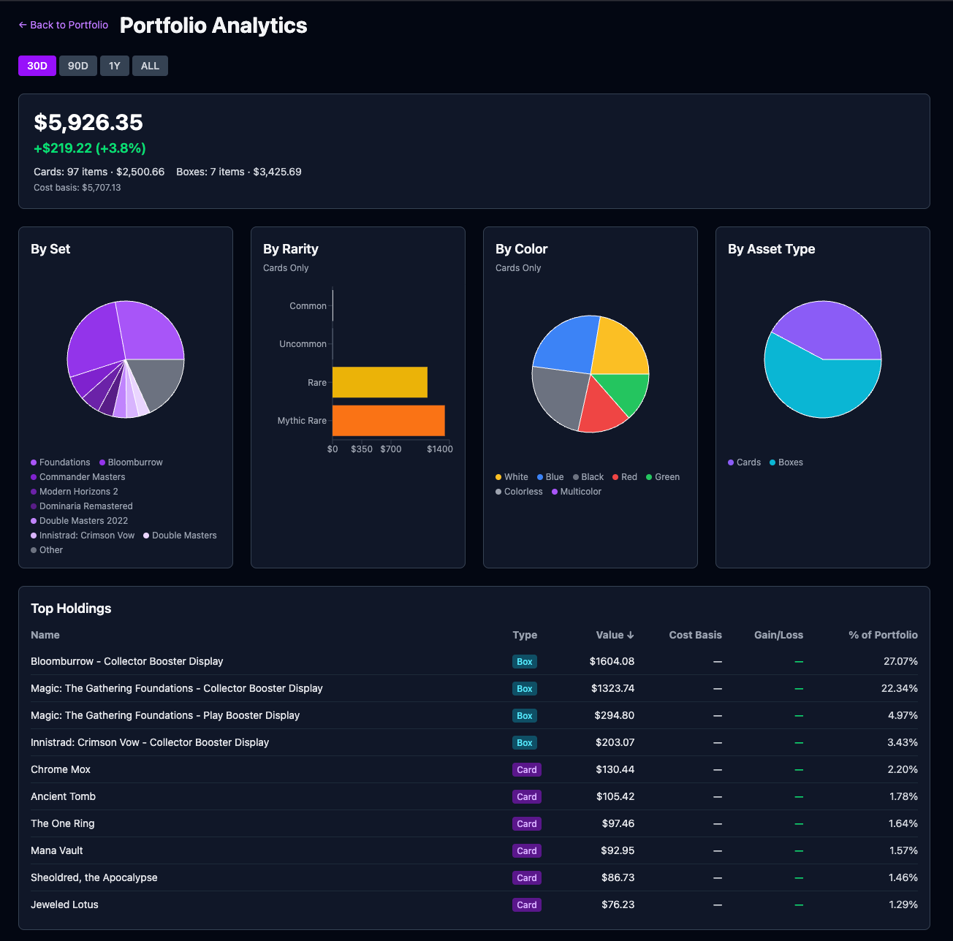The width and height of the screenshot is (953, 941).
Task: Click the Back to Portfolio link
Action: click(64, 25)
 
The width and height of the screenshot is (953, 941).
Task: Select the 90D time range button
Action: click(78, 66)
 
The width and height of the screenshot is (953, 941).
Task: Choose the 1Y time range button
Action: click(115, 66)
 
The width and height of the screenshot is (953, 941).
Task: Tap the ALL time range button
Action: click(150, 66)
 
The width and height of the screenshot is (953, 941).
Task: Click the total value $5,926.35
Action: click(88, 122)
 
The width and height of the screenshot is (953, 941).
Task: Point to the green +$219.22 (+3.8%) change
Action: click(90, 148)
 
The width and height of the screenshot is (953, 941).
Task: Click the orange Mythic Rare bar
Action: click(388, 421)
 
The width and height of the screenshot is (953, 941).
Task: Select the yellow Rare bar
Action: click(379, 382)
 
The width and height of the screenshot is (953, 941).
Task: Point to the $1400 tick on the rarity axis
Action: click(439, 449)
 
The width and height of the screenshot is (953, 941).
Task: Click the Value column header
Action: click(615, 635)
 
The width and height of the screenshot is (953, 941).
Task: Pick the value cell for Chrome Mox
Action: click(615, 769)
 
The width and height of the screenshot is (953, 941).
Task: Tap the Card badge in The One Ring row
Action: click(526, 824)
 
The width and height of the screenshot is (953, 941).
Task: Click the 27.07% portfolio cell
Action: click(900, 661)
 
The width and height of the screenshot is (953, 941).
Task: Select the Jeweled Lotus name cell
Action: click(64, 904)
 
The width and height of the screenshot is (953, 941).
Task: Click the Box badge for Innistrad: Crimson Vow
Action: click(524, 743)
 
